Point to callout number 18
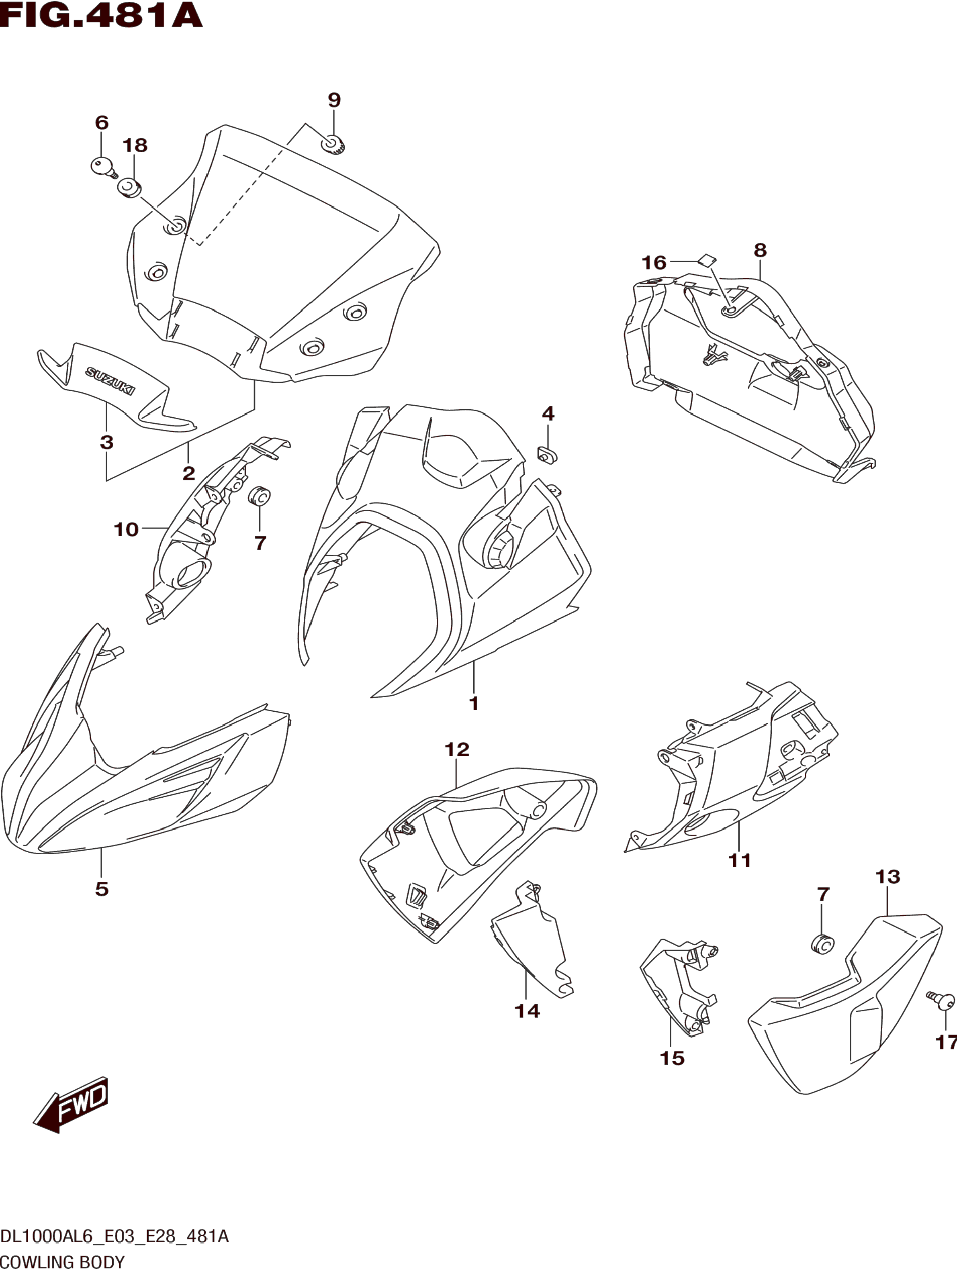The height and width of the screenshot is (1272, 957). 135,145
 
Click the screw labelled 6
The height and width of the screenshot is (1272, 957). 103,167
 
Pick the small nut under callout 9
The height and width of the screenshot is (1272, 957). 333,144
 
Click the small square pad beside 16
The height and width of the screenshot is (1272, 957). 707,260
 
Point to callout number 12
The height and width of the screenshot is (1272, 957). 457,750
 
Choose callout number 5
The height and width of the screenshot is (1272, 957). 102,889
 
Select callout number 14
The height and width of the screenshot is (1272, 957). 527,1011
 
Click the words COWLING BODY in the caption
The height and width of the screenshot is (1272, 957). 62,1262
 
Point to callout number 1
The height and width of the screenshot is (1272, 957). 474,703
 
